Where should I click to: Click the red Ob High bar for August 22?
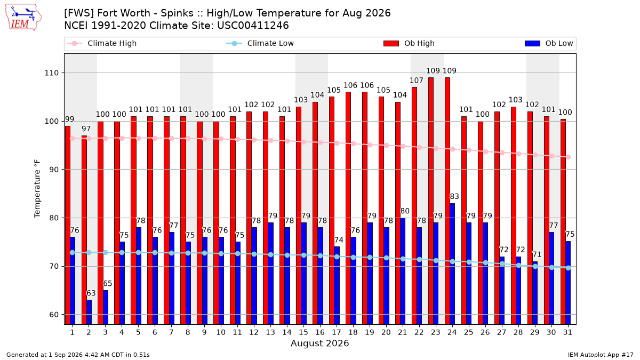(x=414, y=206)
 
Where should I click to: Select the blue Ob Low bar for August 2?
(x=89, y=313)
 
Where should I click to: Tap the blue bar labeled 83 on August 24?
(x=452, y=264)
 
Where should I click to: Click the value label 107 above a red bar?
(x=417, y=81)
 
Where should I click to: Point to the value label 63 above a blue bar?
(x=91, y=293)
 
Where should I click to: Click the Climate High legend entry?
(x=101, y=43)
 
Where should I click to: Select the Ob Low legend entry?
(x=549, y=43)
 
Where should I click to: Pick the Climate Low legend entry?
(x=260, y=43)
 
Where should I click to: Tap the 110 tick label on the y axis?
(x=51, y=73)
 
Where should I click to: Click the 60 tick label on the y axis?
(x=54, y=315)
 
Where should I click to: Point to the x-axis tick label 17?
(x=337, y=332)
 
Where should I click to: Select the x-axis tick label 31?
(x=567, y=332)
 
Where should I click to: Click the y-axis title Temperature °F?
(x=37, y=189)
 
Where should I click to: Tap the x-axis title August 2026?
(x=319, y=343)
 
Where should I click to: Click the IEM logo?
(x=23, y=18)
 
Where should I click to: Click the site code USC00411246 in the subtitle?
(x=253, y=26)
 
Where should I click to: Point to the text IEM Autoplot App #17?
(x=601, y=355)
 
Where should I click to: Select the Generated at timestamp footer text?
(x=78, y=355)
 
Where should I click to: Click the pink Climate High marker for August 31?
(x=569, y=157)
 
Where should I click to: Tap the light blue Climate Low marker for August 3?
(x=106, y=253)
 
